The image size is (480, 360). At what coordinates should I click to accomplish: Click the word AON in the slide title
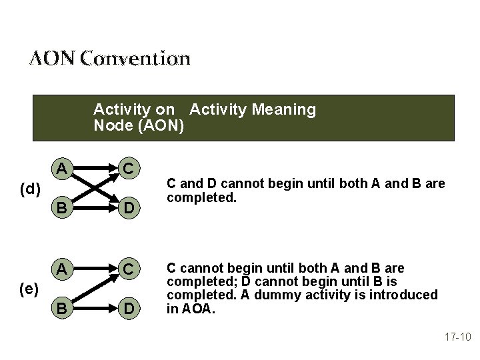click(x=52, y=59)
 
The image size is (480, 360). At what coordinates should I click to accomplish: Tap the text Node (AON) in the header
click(x=139, y=125)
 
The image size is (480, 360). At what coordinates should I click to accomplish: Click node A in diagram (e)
click(x=61, y=269)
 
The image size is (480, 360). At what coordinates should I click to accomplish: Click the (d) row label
click(x=29, y=190)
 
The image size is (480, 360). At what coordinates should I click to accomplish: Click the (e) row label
click(x=29, y=289)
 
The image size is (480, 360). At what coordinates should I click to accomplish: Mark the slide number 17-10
click(x=457, y=337)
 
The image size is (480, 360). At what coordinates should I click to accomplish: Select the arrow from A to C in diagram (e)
click(x=95, y=269)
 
